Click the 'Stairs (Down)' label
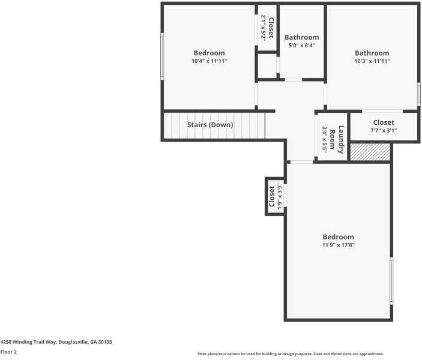tap(209, 125)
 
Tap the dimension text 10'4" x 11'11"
tap(209, 61)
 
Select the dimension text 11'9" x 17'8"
tap(338, 245)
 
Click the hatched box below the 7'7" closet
tap(370, 152)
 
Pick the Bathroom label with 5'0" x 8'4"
tap(301, 37)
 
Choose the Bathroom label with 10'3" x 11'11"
tap(372, 53)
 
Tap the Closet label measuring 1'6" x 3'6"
tap(272, 196)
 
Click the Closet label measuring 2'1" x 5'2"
tap(271, 28)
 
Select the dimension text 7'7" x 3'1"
tap(383, 130)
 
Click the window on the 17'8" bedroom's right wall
tap(391, 280)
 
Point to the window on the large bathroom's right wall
tap(418, 94)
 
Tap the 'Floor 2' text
tap(8, 352)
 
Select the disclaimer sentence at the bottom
tap(290, 354)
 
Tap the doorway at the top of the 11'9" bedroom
tap(301, 162)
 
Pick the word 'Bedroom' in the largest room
tap(338, 237)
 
